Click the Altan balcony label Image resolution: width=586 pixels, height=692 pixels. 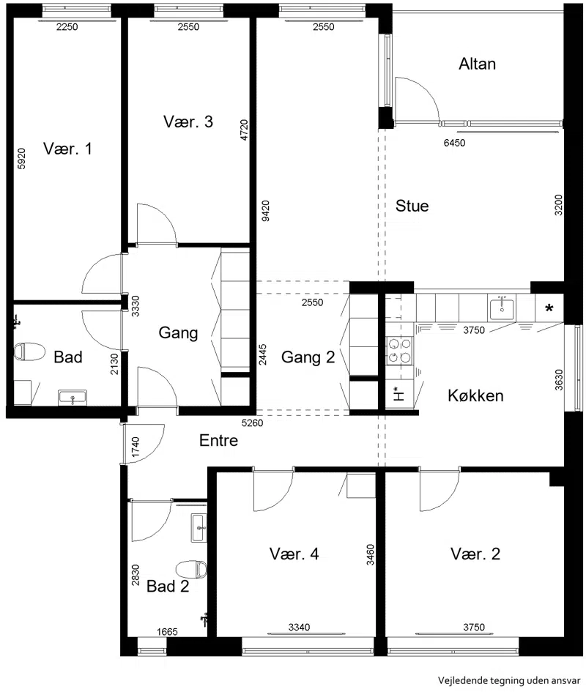(x=477, y=64)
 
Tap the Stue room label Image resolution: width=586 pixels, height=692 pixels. (x=412, y=206)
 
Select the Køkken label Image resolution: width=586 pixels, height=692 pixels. (x=475, y=395)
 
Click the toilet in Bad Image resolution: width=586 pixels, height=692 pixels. (x=29, y=351)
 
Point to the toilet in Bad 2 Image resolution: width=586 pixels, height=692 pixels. (x=192, y=570)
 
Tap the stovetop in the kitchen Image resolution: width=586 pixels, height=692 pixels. (x=400, y=351)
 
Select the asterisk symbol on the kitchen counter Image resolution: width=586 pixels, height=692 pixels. (x=549, y=308)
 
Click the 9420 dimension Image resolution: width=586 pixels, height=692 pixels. (x=265, y=210)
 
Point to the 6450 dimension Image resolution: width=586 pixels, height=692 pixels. (x=454, y=143)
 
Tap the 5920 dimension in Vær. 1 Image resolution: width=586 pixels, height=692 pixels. (x=21, y=158)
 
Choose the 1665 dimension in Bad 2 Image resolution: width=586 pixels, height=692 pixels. (x=167, y=631)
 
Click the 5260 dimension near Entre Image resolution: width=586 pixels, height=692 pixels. (x=252, y=423)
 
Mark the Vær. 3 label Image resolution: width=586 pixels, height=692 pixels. (x=188, y=122)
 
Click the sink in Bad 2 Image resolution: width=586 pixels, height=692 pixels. (x=199, y=528)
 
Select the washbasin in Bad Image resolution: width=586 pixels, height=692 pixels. (x=73, y=398)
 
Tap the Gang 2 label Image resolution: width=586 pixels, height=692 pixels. (x=308, y=357)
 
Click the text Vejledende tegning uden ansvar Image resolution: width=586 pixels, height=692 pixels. (x=509, y=680)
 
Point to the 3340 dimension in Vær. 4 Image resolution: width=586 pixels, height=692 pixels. (x=299, y=627)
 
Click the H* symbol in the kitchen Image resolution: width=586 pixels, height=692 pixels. (x=398, y=392)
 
